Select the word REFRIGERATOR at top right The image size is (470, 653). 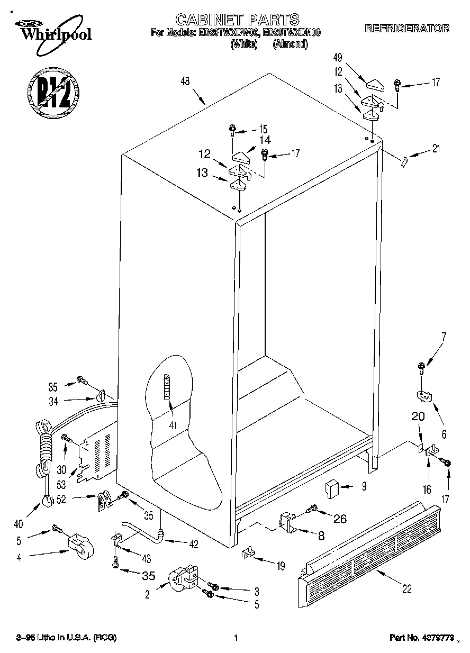tap(406, 29)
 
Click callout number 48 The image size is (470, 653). tap(185, 81)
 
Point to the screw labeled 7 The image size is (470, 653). tap(422, 366)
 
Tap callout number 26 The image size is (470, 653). tap(339, 519)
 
